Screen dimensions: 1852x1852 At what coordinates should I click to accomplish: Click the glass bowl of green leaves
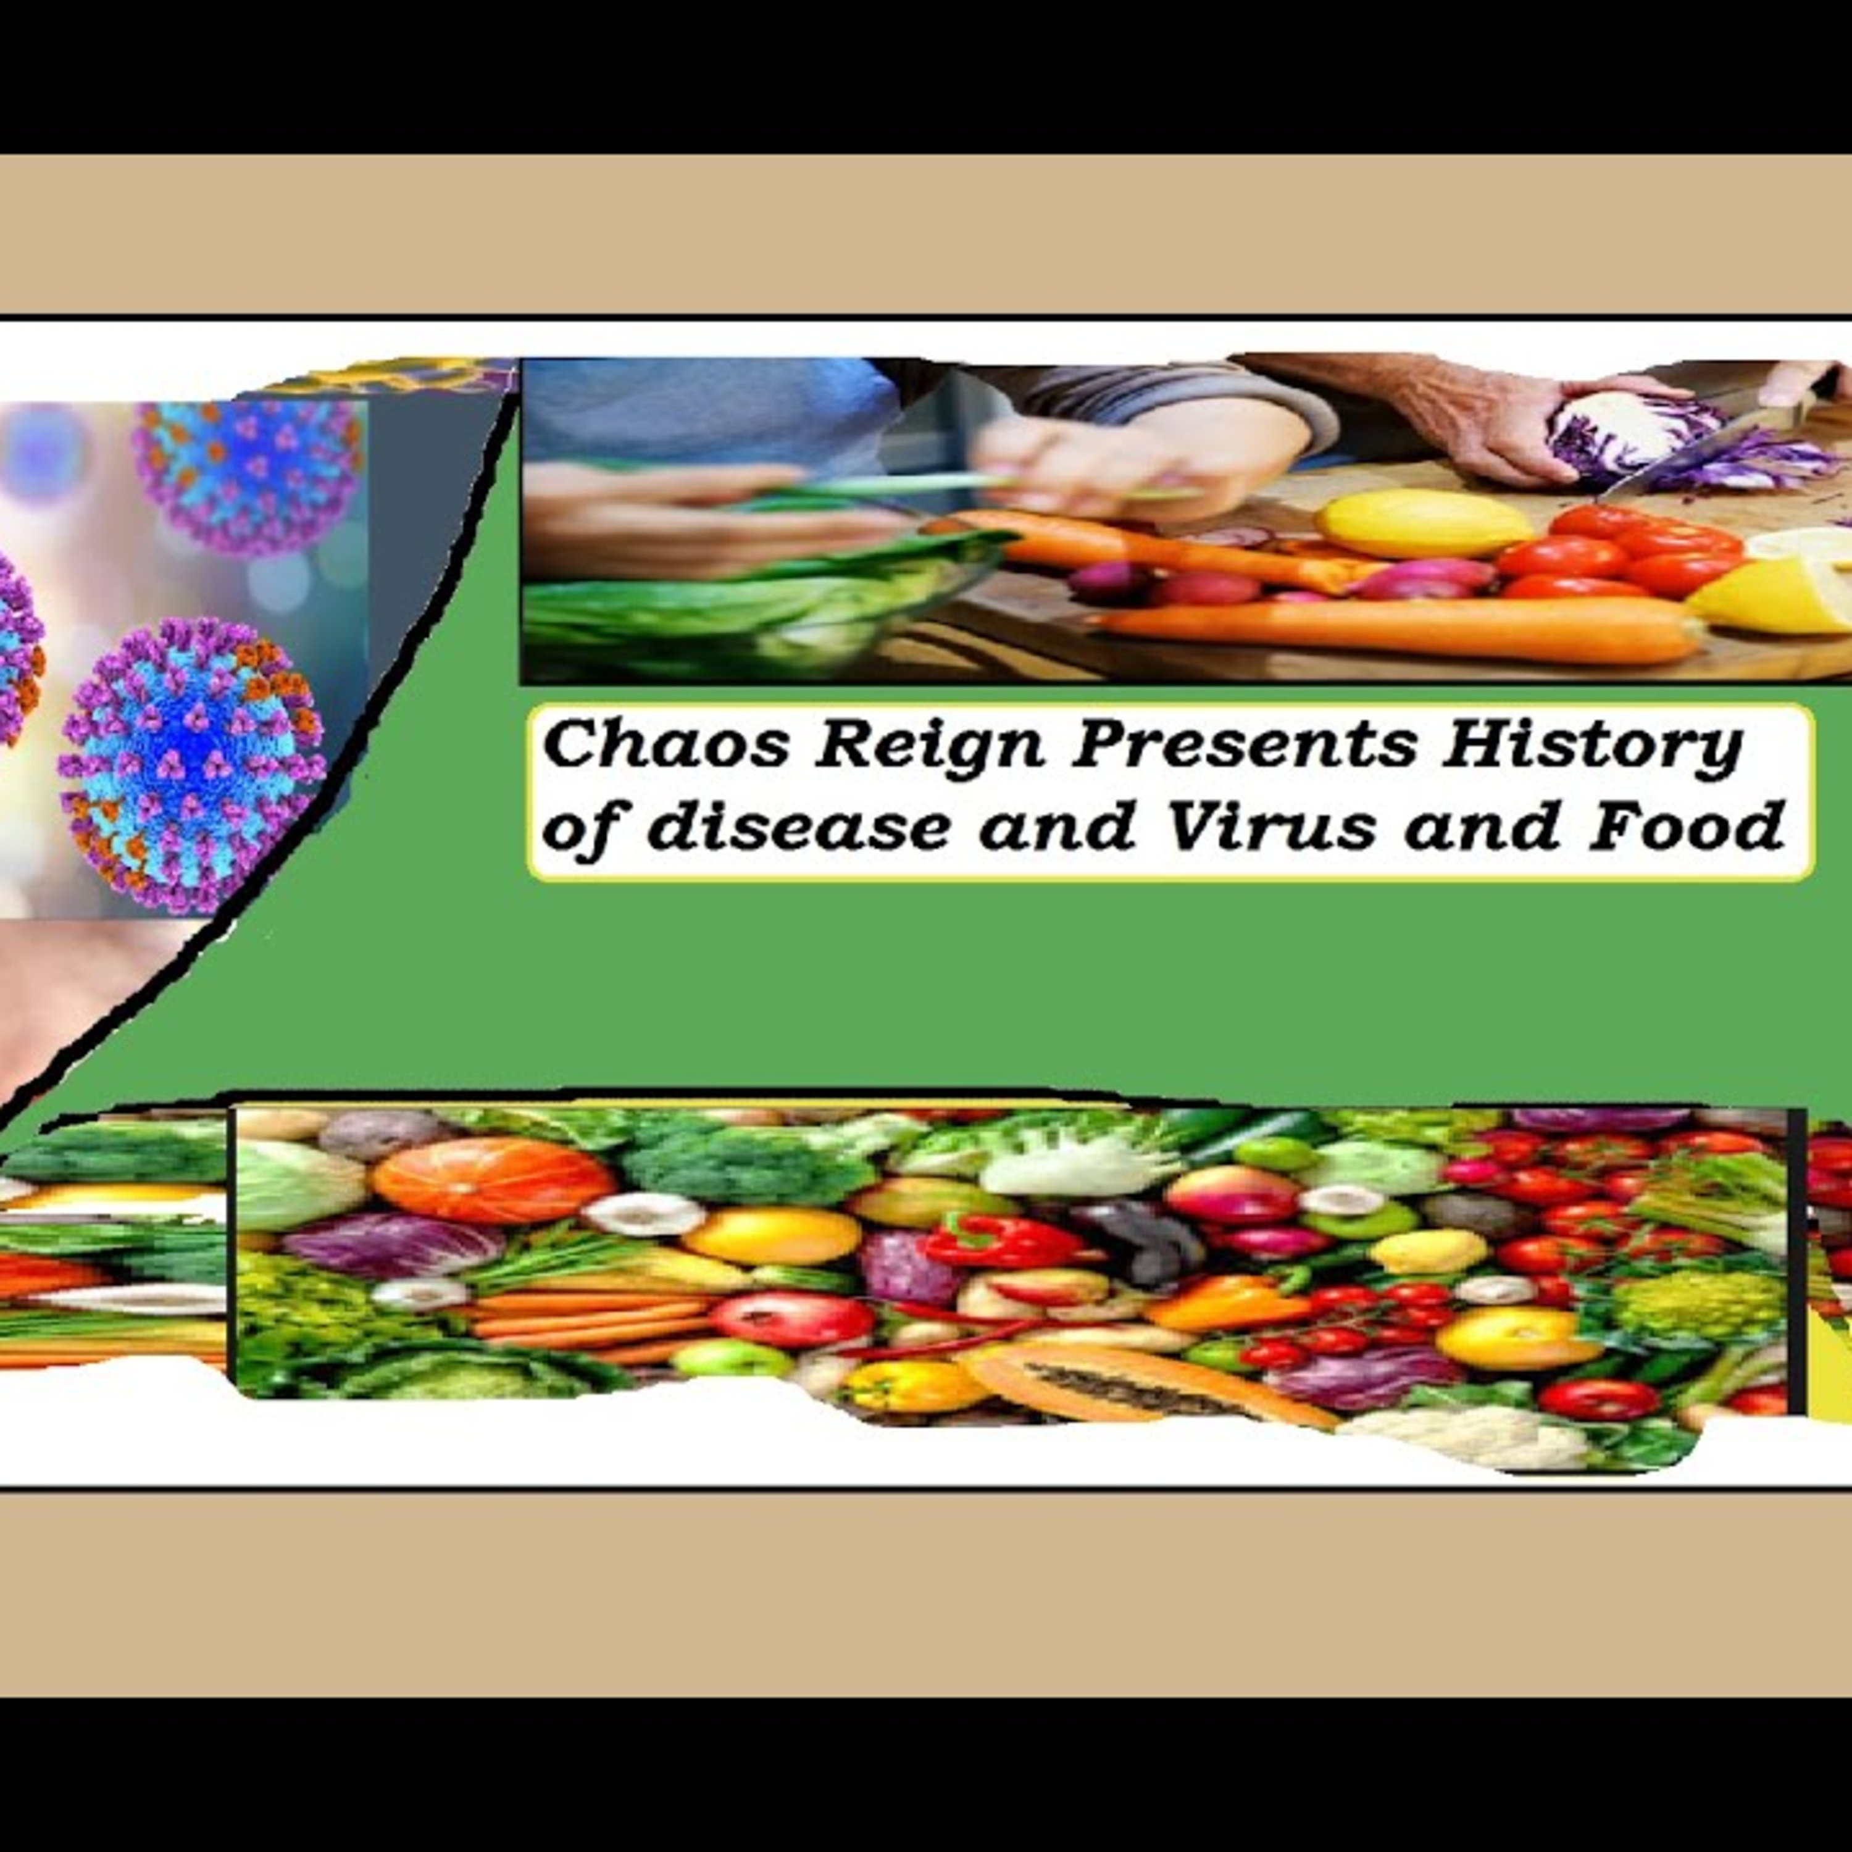pos(757,594)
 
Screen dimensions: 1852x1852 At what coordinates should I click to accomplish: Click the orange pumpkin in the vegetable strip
pos(494,1179)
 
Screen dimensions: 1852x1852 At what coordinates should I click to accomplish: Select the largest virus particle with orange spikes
pos(192,767)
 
